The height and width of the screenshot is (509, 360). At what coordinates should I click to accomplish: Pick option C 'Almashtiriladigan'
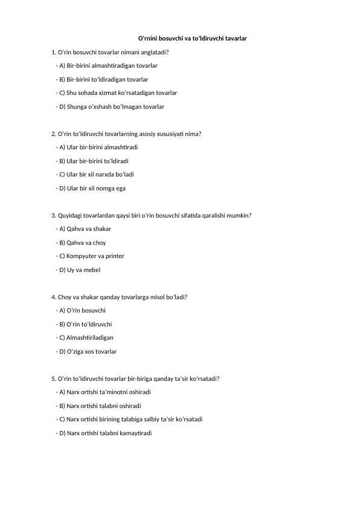[86, 338]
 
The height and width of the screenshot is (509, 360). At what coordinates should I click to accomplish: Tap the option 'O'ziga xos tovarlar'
[88, 351]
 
